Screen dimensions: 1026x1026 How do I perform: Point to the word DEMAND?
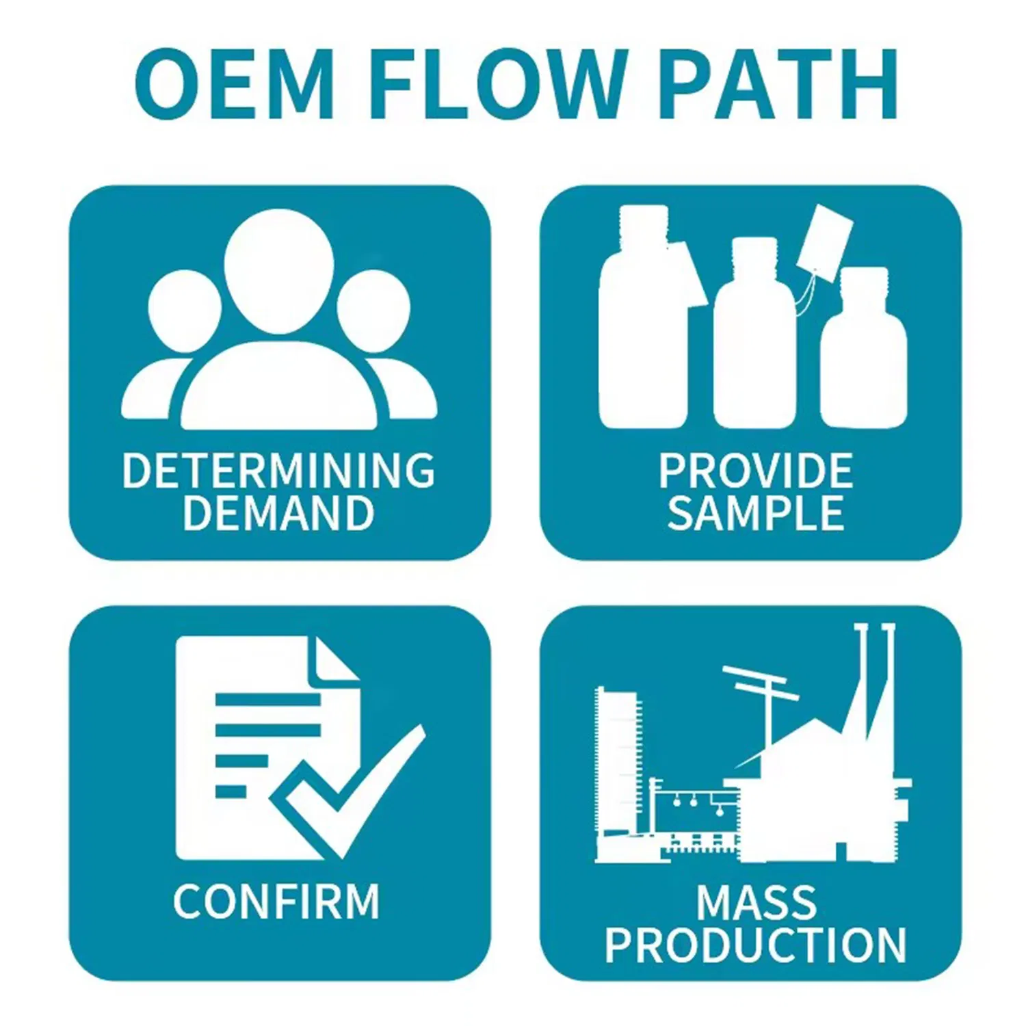(278, 513)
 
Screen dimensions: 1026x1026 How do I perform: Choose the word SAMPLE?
(755, 513)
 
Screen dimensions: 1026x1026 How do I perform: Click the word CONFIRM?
(276, 901)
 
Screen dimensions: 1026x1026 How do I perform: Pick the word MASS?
(756, 902)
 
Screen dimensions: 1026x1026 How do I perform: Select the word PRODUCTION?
(755, 945)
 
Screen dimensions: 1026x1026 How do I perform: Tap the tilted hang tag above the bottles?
(825, 242)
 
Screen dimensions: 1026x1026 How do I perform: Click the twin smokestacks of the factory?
(875, 677)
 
